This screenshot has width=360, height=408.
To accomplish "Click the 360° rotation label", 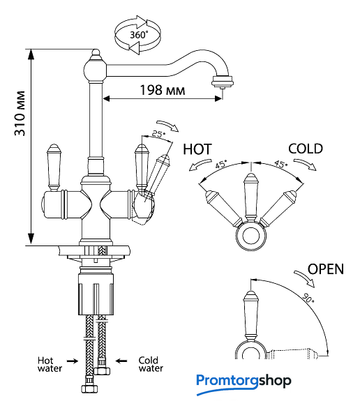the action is [x=139, y=35].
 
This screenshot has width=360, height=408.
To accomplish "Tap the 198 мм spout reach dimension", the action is [x=163, y=90].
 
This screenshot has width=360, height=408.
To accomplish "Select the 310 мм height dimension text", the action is [x=20, y=114].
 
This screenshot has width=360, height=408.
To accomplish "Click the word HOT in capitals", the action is [x=197, y=149].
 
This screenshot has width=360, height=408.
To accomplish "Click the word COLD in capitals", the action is [x=306, y=149].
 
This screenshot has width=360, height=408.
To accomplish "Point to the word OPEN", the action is [x=326, y=269].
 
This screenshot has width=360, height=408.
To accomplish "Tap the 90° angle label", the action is [x=308, y=298].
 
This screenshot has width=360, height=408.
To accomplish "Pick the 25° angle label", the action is [x=158, y=134].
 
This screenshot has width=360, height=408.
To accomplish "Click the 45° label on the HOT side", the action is [x=221, y=165].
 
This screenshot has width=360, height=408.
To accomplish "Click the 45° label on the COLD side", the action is [x=281, y=164].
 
